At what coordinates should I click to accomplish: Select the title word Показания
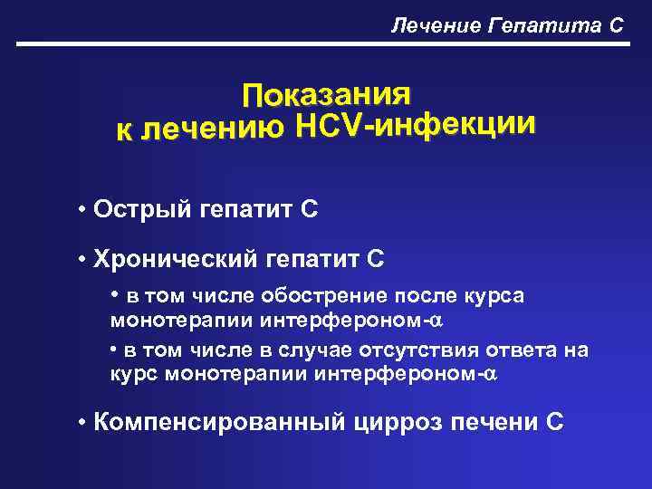pos(326,94)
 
